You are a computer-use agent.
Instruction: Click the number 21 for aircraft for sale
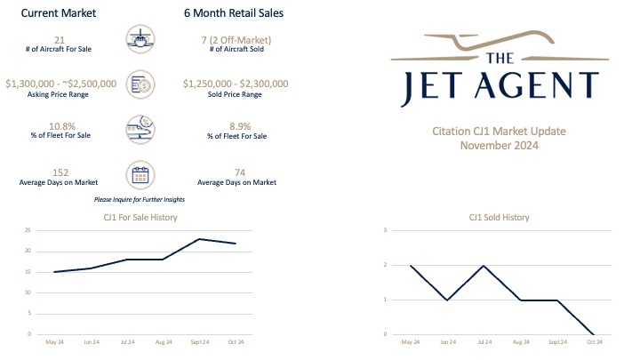pos(60,39)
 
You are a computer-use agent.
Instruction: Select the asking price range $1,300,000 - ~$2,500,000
pos(60,83)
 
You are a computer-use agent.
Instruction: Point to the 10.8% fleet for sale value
pos(60,126)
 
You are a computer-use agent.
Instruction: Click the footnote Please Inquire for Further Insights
pos(145,198)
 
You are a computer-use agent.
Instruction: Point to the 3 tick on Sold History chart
pos(385,230)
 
